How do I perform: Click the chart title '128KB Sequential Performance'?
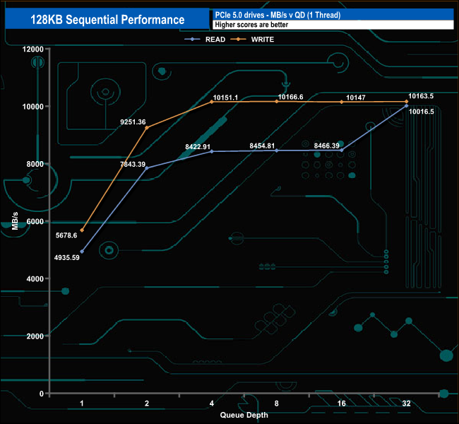pos(107,20)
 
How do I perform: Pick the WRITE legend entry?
pos(262,40)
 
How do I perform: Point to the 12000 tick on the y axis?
pos(32,49)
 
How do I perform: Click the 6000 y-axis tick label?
pos(35,221)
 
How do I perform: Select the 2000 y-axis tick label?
pos(35,336)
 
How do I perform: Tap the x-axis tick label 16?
pos(342,404)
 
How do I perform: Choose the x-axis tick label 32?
pos(407,404)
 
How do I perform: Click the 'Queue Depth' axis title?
pos(244,415)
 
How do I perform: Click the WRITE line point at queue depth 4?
pos(212,102)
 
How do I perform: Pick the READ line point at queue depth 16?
pos(342,150)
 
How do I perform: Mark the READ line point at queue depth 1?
pos(82,252)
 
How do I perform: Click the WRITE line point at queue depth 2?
pos(147,127)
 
